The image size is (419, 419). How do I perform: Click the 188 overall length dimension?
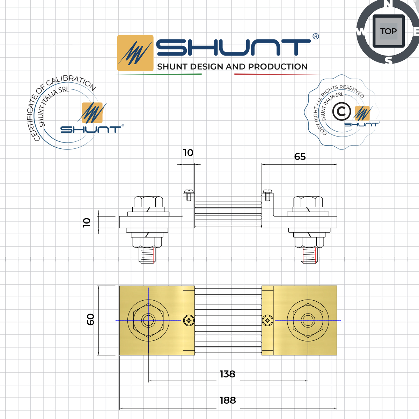(x=228, y=400)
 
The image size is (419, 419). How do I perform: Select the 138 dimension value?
(x=227, y=374)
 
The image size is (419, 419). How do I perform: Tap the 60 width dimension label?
(x=90, y=319)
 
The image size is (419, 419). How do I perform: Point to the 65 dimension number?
(x=300, y=156)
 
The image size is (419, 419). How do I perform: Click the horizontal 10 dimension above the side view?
(x=188, y=153)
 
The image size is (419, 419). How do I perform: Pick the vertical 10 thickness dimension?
(x=87, y=222)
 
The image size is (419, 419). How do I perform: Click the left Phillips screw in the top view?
(x=189, y=320)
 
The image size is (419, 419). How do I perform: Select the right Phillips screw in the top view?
(x=267, y=320)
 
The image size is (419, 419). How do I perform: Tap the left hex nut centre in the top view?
(x=148, y=320)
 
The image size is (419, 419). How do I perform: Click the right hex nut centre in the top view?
(x=308, y=320)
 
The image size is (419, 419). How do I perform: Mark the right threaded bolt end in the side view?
(x=309, y=255)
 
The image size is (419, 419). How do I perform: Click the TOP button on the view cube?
(x=388, y=31)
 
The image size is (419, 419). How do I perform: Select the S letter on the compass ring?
(x=388, y=61)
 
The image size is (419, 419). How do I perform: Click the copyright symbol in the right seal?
(x=341, y=111)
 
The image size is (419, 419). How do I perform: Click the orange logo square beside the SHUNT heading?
(x=135, y=53)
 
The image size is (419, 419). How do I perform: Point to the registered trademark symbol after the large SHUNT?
(x=315, y=36)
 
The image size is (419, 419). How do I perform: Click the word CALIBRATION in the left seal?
(x=72, y=81)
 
